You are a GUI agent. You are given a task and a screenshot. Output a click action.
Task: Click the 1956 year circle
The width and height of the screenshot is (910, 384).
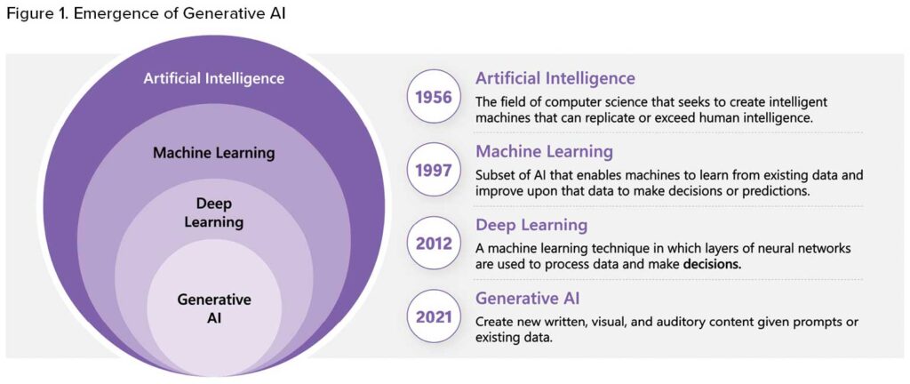coord(434,97)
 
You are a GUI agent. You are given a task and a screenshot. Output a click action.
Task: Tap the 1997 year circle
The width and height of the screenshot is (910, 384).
coord(434,171)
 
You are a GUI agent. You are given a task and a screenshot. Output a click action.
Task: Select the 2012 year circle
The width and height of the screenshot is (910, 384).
coord(434,244)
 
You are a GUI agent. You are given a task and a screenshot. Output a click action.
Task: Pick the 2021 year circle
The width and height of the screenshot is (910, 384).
coord(434,317)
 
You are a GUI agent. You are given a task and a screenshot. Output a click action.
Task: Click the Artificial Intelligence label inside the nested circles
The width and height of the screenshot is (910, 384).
coord(214,78)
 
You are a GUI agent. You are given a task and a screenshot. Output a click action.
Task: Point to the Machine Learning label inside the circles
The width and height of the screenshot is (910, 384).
coord(213,154)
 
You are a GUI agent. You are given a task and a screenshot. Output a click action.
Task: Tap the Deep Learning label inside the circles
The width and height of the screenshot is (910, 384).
coord(213,212)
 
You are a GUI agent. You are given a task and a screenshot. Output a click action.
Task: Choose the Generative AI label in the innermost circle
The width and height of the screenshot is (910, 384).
coord(214,308)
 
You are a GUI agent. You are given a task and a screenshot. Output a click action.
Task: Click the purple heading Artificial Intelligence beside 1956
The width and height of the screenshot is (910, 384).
coord(555,78)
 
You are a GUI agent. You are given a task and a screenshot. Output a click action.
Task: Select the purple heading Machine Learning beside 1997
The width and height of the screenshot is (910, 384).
coord(545,152)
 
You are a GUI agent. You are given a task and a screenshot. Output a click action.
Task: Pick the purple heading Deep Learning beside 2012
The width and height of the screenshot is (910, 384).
coord(531,226)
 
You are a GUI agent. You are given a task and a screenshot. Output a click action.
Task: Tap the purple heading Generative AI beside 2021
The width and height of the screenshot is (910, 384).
coord(528,300)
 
